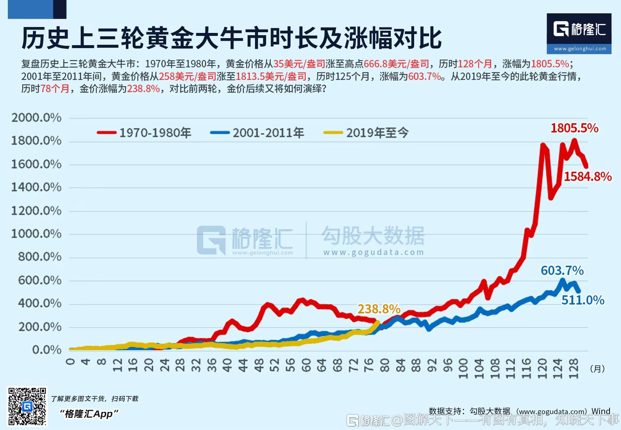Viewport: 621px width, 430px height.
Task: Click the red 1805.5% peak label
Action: [574, 128]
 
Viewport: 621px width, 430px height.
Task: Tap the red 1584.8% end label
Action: [587, 177]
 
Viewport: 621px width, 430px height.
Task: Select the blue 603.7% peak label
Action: [562, 271]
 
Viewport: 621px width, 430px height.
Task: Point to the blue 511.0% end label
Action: [583, 300]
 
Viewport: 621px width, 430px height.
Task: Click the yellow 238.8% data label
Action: [379, 309]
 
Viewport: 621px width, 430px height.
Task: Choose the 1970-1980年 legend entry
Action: [144, 132]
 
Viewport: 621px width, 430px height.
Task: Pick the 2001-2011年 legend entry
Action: [257, 132]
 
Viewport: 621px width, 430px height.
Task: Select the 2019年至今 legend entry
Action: [366, 132]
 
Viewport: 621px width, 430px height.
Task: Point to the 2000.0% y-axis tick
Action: [36, 118]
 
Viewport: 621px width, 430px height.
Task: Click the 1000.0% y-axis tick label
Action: [36, 234]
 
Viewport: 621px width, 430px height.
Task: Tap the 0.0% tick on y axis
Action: [47, 350]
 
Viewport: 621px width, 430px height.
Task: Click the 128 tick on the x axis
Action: [573, 369]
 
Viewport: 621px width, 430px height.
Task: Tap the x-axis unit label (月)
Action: [597, 369]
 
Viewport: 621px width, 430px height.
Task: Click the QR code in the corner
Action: [27, 406]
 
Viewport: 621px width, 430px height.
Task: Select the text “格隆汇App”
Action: [89, 414]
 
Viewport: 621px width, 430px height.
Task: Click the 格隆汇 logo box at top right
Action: [579, 34]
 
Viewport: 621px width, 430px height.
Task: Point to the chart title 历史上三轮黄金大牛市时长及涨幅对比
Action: [232, 38]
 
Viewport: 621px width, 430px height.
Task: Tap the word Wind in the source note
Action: [601, 411]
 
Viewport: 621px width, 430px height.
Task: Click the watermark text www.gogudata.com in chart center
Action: [373, 252]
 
